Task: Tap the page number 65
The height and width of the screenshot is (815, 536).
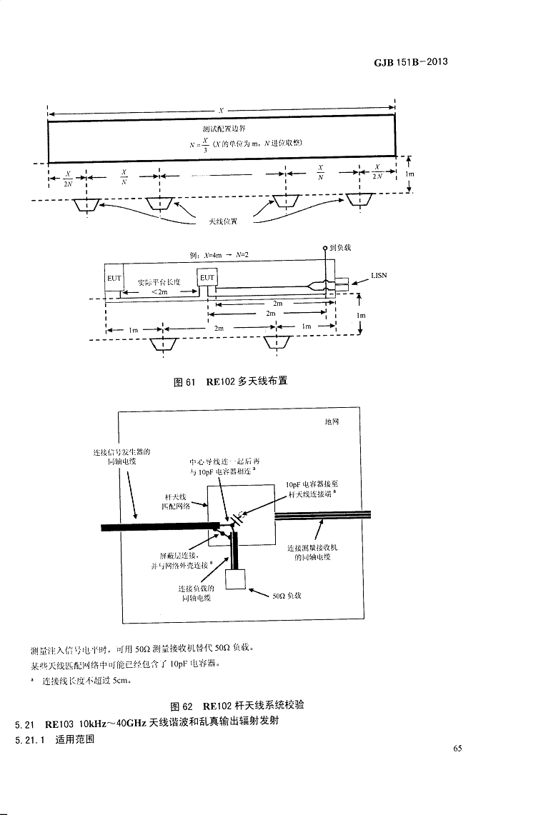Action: [x=458, y=749]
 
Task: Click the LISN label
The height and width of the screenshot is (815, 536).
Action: [x=378, y=275]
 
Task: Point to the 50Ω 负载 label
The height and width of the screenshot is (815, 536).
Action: [x=287, y=594]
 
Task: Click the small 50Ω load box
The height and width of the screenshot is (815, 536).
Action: [x=236, y=579]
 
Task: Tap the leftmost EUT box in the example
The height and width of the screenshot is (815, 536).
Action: [x=114, y=277]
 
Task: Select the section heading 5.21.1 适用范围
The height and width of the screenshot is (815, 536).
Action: [x=54, y=739]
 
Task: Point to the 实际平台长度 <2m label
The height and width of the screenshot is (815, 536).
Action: [x=159, y=287]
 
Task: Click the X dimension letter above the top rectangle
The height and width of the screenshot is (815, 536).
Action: [x=221, y=111]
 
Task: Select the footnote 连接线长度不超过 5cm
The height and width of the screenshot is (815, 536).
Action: [x=86, y=681]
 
